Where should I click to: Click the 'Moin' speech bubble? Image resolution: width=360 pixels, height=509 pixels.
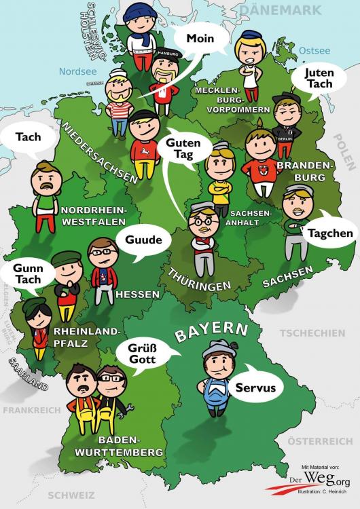tap(200, 39)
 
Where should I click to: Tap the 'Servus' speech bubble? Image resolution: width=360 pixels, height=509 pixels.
tap(255, 388)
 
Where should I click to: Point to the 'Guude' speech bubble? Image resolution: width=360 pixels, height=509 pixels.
tap(143, 240)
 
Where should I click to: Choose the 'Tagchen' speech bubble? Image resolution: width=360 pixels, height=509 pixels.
tap(330, 233)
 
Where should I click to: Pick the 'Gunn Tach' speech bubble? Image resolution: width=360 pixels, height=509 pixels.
tap(27, 274)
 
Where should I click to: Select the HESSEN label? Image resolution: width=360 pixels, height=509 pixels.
tap(137, 295)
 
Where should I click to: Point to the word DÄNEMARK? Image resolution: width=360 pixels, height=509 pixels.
tap(280, 10)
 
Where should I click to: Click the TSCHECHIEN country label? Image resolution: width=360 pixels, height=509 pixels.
tap(312, 333)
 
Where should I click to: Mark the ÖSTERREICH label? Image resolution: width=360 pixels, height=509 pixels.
tap(320, 441)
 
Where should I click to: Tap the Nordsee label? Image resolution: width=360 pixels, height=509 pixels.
tap(79, 71)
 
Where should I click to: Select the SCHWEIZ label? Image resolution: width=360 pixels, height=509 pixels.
tap(77, 495)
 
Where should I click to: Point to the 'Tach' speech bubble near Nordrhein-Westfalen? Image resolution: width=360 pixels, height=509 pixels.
tap(28, 136)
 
